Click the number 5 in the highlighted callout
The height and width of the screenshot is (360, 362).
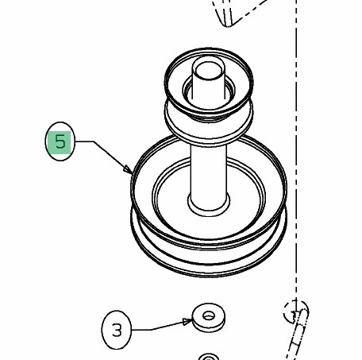pyautogui.click(x=60, y=141)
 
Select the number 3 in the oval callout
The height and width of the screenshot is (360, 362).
pyautogui.click(x=117, y=331)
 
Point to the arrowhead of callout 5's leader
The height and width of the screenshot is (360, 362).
pyautogui.click(x=128, y=169)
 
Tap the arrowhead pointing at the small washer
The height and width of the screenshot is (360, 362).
pyautogui.click(x=187, y=322)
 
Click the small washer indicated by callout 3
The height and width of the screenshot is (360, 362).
pyautogui.click(x=209, y=317)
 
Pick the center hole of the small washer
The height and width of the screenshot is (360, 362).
pyautogui.click(x=209, y=315)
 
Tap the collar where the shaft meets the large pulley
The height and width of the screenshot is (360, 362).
pyautogui.click(x=209, y=204)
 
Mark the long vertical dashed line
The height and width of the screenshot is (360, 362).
pyautogui.click(x=296, y=149)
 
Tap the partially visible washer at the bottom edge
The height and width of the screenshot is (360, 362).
pyautogui.click(x=209, y=356)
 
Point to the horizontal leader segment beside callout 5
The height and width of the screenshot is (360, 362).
pyautogui.click(x=84, y=141)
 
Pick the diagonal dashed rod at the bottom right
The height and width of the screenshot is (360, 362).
pyautogui.click(x=298, y=336)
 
